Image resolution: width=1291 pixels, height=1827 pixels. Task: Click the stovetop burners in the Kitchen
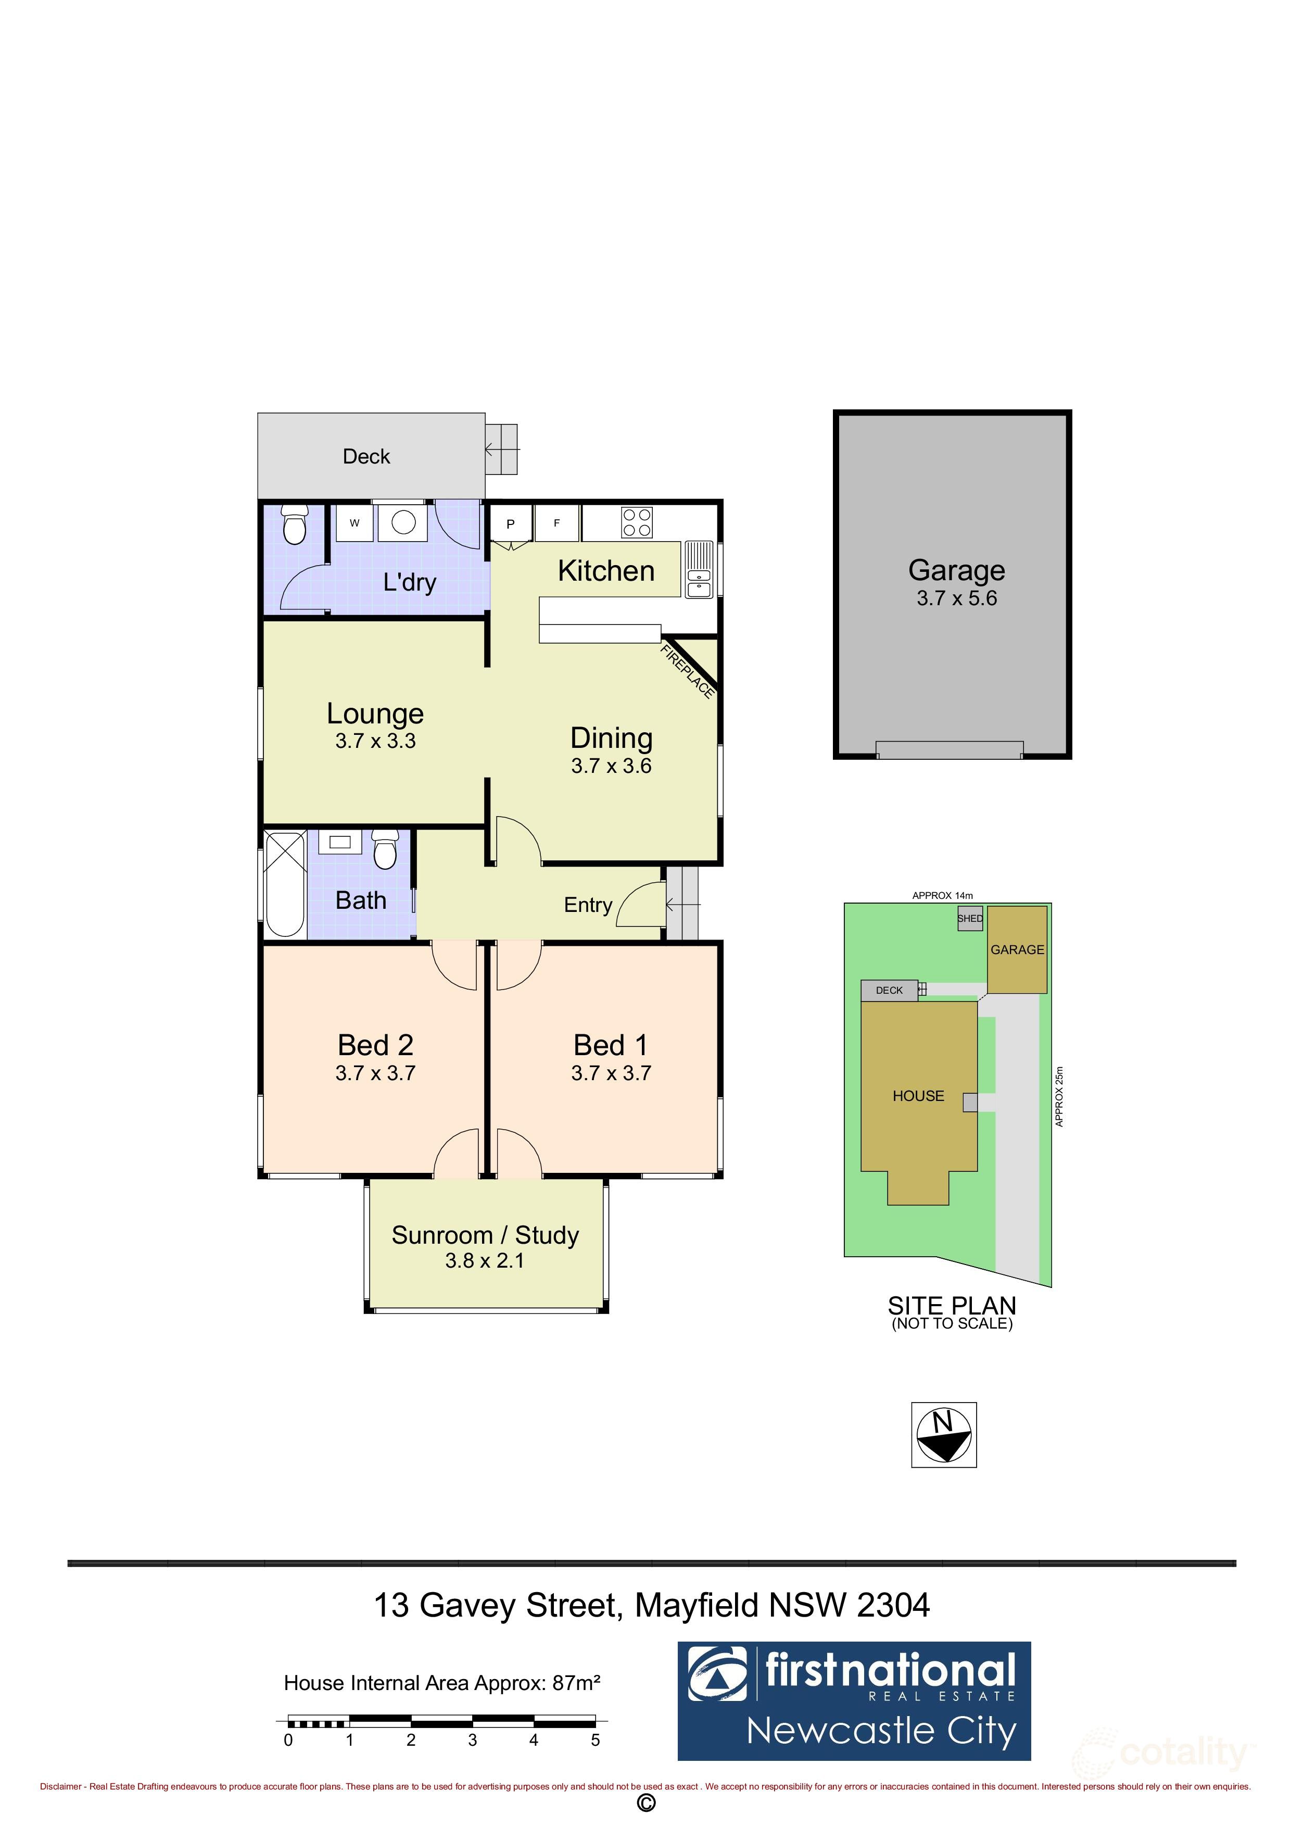coord(637,523)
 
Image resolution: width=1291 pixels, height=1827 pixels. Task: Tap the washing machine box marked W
coord(355,523)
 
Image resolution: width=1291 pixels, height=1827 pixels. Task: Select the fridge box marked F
coord(557,523)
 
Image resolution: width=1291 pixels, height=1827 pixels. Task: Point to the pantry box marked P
coord(511,523)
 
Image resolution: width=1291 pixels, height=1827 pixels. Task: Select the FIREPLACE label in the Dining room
coord(687,671)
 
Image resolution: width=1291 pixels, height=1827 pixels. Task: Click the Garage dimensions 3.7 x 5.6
coord(956,598)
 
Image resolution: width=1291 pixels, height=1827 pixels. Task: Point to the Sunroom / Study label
coord(485,1235)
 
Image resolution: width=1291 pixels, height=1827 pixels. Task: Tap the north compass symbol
coord(943,1435)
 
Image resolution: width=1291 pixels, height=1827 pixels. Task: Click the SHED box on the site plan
coord(970,918)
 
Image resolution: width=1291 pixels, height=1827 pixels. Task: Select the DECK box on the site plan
coord(889,990)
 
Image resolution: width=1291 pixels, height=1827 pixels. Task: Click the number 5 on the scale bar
coord(595,1740)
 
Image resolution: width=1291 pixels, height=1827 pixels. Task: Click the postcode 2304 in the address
coord(893,1606)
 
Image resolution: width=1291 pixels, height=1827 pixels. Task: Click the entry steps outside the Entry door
coord(682,903)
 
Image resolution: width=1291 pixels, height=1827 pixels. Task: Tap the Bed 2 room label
coord(375,1045)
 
